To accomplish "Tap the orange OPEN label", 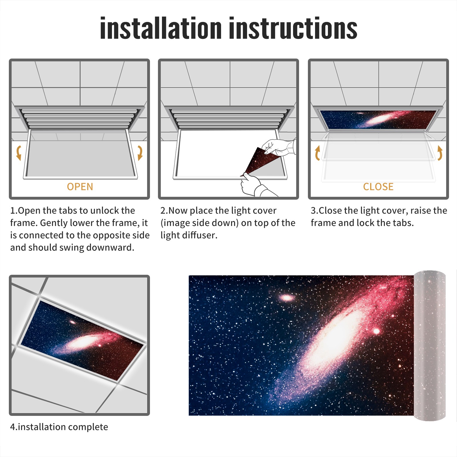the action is click(x=80, y=187).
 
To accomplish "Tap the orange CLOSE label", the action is click(x=378, y=187).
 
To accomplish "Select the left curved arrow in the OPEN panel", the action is click(x=19, y=153).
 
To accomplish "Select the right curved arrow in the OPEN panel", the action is click(x=140, y=153).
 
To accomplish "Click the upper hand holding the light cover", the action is click(x=278, y=147).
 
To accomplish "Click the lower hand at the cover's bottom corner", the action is click(x=253, y=186).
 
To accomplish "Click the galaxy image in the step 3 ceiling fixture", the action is click(x=378, y=119).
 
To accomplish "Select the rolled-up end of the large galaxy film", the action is click(x=430, y=346).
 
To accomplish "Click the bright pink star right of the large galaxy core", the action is click(x=376, y=331).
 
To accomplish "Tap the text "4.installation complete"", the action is click(x=59, y=427).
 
